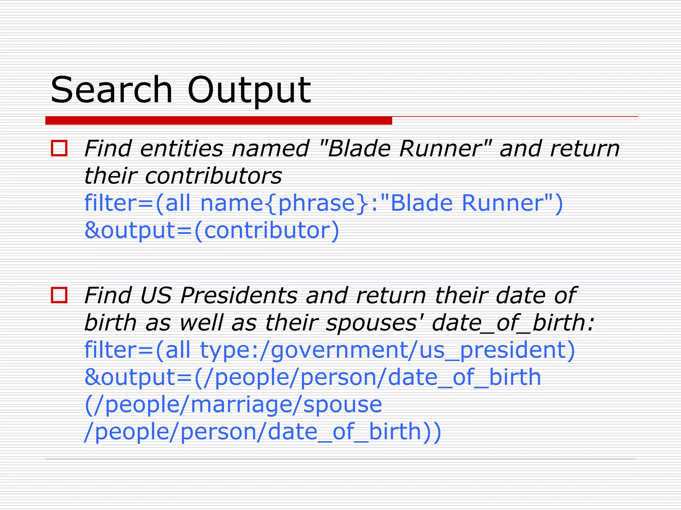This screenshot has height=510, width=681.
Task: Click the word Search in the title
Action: point(111,90)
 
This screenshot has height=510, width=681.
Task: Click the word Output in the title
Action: point(249,91)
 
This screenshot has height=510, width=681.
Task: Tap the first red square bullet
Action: point(59,148)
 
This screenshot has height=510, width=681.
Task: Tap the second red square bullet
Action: point(59,295)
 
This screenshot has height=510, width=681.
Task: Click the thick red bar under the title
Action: point(218,121)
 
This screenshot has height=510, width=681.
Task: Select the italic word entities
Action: point(182,148)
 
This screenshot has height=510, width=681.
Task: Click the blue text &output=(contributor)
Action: point(212,230)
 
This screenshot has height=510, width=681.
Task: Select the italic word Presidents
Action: point(239,295)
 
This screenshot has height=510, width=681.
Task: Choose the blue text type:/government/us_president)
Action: point(387,350)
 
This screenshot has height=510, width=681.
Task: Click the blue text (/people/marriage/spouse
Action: point(233,405)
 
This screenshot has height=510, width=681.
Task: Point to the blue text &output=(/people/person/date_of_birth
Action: point(313,378)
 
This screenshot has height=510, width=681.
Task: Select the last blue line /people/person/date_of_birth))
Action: point(263,432)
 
